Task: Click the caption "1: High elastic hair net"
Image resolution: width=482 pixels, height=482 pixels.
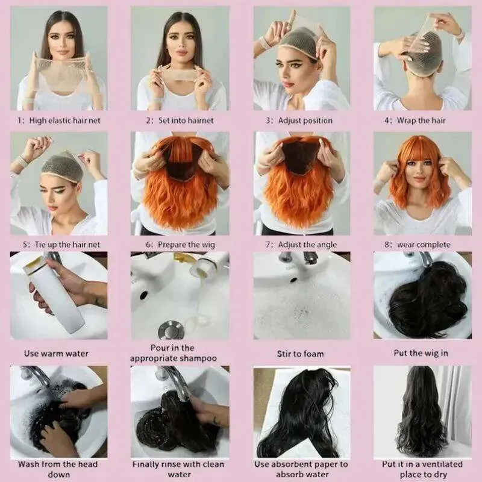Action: [x=58, y=120]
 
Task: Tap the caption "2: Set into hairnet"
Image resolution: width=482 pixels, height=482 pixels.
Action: [x=180, y=120]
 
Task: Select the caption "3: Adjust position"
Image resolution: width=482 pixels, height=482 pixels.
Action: [x=299, y=120]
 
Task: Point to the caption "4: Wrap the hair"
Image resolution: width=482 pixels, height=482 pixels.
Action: [x=415, y=120]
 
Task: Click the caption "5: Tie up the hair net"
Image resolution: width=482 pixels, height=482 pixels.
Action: [x=61, y=245]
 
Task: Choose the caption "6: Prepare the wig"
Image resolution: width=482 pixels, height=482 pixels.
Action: [x=180, y=245]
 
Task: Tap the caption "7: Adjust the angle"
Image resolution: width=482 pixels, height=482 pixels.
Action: [x=301, y=245]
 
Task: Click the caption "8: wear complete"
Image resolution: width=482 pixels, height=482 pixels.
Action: [x=418, y=245]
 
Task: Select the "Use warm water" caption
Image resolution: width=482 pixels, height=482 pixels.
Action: [x=56, y=354]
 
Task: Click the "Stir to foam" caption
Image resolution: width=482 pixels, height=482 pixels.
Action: [x=300, y=354]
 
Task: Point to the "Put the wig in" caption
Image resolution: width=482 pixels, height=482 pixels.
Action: [x=421, y=353]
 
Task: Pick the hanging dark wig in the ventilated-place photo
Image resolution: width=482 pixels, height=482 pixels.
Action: [x=421, y=412]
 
